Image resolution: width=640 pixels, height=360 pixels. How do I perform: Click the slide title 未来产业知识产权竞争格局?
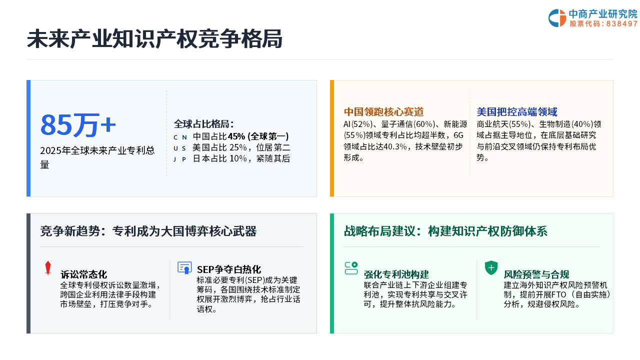pos(154,39)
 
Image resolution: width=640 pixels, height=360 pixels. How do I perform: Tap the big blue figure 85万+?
pos(78,125)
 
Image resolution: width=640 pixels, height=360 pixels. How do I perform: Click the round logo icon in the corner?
pos(557,18)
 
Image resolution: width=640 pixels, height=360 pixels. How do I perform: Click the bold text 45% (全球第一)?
pos(258,136)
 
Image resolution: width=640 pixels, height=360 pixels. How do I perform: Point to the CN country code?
pos(180,137)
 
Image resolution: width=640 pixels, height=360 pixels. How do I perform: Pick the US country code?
pos(179,148)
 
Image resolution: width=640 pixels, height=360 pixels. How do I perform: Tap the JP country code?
pos(179,159)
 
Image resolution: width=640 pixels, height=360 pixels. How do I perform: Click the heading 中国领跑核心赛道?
pos(383,111)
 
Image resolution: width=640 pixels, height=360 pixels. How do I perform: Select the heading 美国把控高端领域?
pos(517,111)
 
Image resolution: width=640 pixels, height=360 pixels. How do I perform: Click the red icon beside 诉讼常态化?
pos(48,268)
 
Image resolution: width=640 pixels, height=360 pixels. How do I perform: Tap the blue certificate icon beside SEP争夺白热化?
pos(184,267)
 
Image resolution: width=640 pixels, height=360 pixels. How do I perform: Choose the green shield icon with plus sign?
pos(491,267)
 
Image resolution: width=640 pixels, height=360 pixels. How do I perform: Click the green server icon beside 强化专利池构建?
pos(351,268)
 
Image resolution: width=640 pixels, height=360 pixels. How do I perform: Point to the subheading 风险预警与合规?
pos(536,274)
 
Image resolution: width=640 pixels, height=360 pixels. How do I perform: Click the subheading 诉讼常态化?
pos(83,274)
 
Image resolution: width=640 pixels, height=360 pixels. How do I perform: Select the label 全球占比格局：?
pos(204,124)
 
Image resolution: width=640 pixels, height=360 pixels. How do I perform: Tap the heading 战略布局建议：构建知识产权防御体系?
pos(445,231)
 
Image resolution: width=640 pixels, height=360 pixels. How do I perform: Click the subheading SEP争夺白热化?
pos(229,269)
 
